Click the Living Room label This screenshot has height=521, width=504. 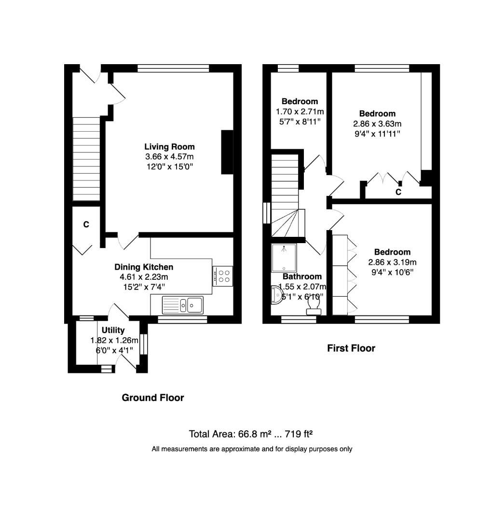169,147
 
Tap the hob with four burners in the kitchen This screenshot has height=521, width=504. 222,276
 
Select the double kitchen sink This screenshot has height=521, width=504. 183,304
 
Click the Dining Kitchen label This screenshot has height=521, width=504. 144,267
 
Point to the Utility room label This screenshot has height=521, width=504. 113,330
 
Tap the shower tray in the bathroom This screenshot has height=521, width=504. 285,258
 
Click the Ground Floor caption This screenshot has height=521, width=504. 152,398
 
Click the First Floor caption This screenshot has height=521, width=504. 351,348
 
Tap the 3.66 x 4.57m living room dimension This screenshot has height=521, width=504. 169,157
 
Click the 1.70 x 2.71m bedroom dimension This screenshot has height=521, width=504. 300,111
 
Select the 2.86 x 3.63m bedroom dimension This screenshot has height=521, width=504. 377,123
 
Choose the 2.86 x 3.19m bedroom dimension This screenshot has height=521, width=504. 392,262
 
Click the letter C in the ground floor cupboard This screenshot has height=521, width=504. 86,224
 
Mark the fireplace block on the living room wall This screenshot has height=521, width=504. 227,151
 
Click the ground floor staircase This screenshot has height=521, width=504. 86,159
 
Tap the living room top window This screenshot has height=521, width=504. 173,69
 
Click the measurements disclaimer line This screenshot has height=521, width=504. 252,449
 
